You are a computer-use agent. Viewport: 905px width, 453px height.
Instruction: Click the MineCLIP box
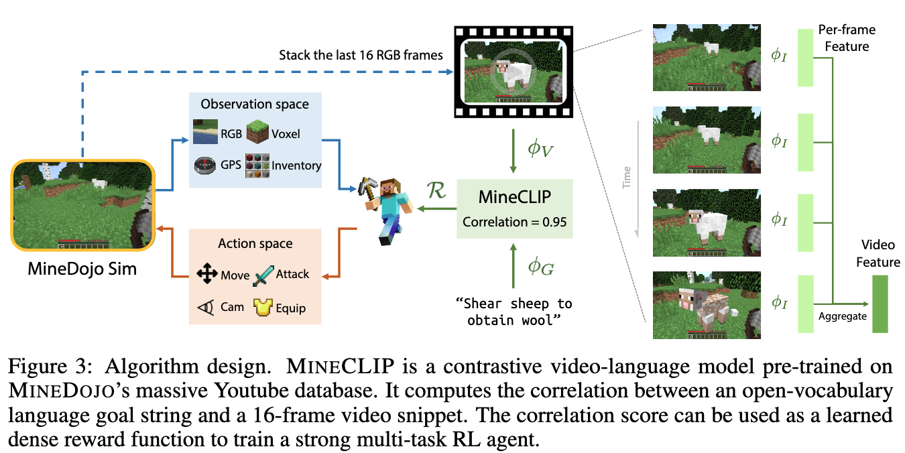pyautogui.click(x=515, y=208)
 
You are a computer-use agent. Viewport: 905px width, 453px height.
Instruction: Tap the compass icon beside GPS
pyautogui.click(x=203, y=165)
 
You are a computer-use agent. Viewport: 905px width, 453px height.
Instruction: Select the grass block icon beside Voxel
pyautogui.click(x=257, y=133)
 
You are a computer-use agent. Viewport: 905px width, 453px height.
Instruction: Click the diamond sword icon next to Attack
pyautogui.click(x=263, y=273)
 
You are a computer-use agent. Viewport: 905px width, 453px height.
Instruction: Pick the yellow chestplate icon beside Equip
pyautogui.click(x=263, y=307)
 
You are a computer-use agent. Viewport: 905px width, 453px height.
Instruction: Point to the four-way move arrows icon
pyautogui.click(x=206, y=274)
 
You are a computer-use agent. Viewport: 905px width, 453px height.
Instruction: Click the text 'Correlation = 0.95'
pyautogui.click(x=515, y=220)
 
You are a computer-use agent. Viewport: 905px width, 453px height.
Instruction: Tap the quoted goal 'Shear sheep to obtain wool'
pyautogui.click(x=514, y=312)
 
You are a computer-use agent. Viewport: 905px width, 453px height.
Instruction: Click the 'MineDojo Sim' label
pyautogui.click(x=82, y=269)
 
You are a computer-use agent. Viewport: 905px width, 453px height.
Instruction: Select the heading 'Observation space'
pyautogui.click(x=255, y=104)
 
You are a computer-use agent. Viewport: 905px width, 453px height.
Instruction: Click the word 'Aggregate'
pyautogui.click(x=843, y=316)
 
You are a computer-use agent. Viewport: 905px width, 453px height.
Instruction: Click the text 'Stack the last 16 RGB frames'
pyautogui.click(x=361, y=55)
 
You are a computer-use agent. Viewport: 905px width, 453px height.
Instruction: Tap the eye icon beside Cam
pyautogui.click(x=205, y=307)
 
